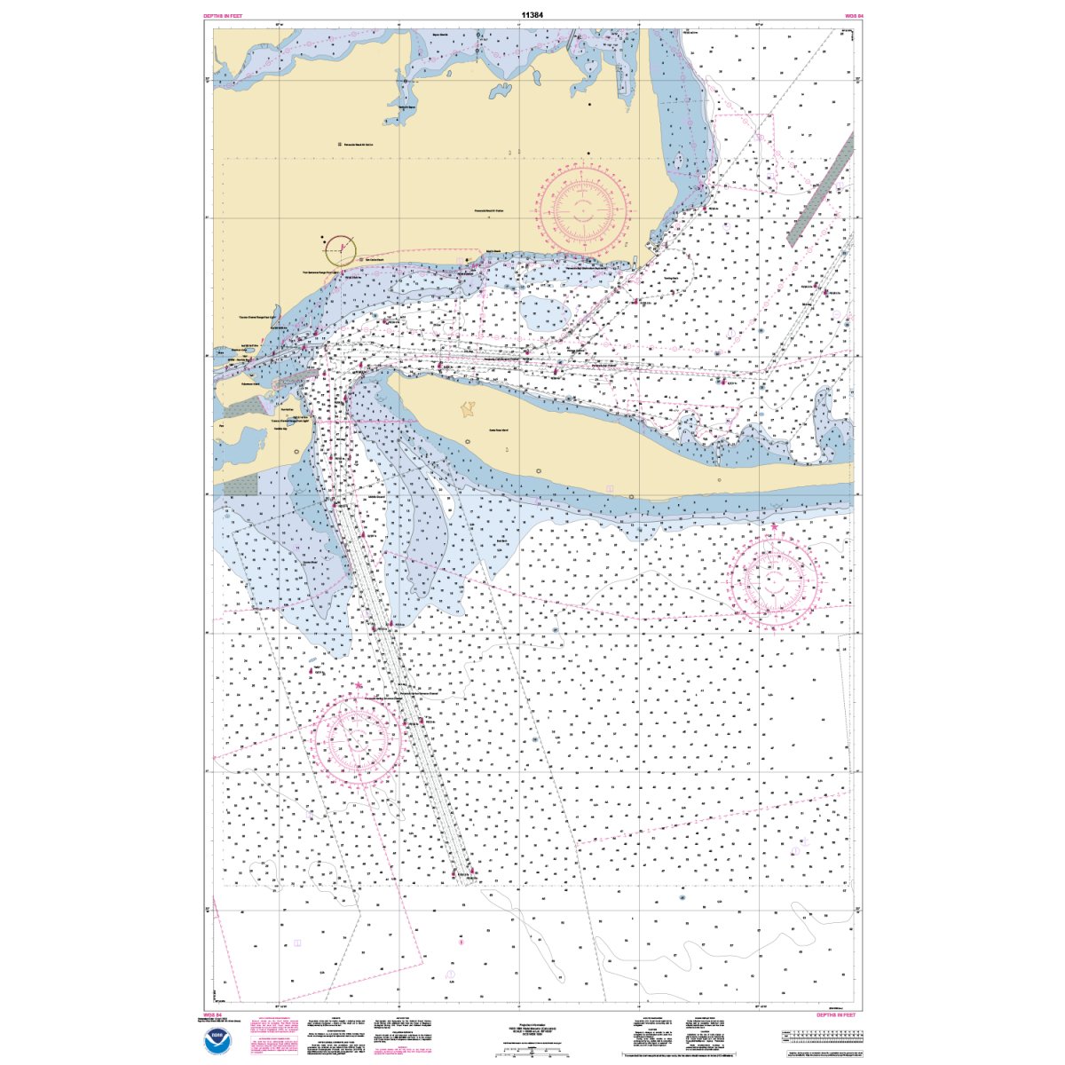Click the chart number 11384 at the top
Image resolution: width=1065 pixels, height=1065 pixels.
[x=532, y=15]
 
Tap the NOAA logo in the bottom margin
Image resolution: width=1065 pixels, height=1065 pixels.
[x=214, y=1041]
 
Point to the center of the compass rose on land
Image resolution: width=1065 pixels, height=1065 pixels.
[x=583, y=209]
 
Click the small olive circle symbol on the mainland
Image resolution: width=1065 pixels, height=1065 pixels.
[x=339, y=250]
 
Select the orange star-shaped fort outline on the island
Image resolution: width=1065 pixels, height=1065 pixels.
[x=468, y=409]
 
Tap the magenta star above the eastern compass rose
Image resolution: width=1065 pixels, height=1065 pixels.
[x=774, y=527]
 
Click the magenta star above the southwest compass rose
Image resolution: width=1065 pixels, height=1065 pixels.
[x=359, y=686]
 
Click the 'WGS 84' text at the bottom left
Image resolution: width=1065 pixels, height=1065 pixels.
[x=211, y=1014]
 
